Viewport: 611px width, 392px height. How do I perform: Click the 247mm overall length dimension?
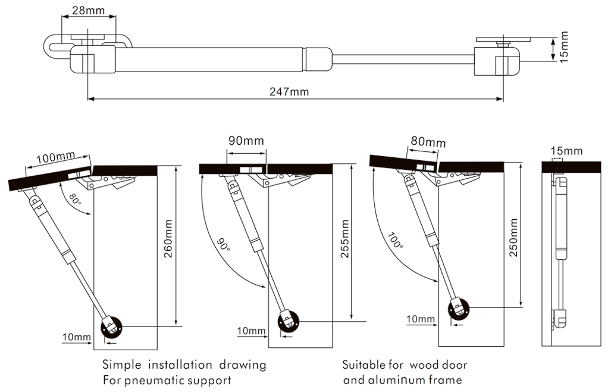(289, 92)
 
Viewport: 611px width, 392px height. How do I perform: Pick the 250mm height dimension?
(513, 238)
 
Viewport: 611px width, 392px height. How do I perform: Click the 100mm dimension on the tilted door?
(55, 158)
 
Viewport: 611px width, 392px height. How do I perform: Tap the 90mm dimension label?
(246, 141)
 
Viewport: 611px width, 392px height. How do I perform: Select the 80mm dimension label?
(427, 142)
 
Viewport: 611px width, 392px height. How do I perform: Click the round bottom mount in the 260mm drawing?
(111, 327)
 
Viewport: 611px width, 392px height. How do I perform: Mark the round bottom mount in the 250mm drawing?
(458, 309)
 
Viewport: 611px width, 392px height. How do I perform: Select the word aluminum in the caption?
(408, 379)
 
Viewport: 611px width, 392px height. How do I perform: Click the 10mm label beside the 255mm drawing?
(250, 331)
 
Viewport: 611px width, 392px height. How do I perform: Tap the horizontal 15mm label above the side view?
(566, 151)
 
